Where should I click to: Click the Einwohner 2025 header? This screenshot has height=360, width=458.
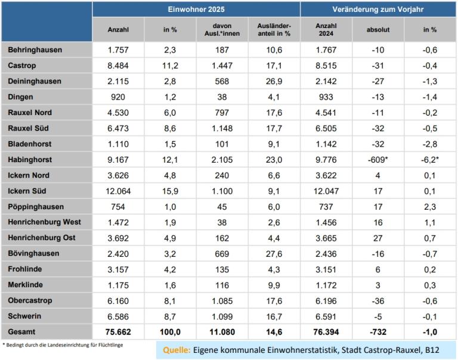(x=196, y=9)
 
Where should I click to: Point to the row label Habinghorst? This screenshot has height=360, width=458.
(x=30, y=160)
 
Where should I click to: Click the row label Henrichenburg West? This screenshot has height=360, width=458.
(x=45, y=222)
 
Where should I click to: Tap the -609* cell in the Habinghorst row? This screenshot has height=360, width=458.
(x=377, y=160)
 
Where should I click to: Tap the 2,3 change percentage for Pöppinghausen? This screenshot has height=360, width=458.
(x=429, y=206)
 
